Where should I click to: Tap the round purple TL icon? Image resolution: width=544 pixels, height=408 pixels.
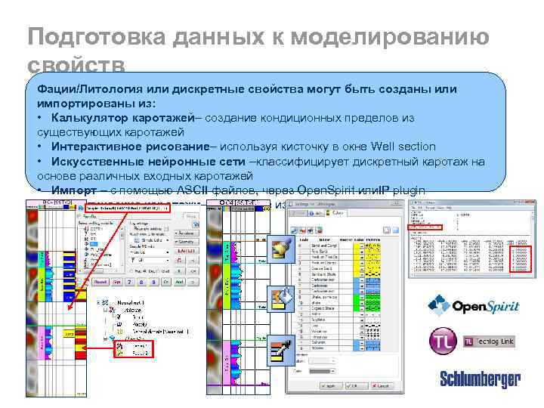[x=443, y=341]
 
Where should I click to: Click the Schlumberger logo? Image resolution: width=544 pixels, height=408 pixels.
[x=481, y=379]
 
